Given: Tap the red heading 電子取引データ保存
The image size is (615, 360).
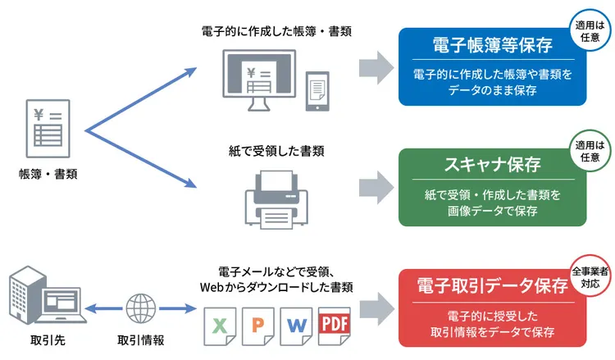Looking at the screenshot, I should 492,285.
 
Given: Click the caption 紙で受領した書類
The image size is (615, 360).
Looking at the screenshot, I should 276,151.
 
